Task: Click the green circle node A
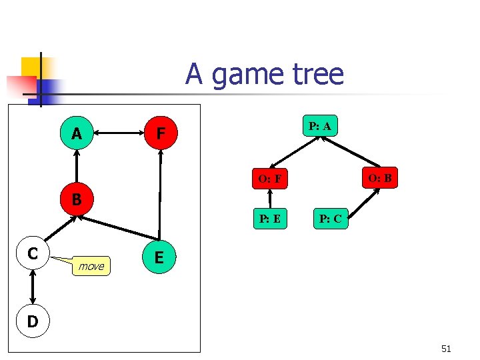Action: click(x=77, y=134)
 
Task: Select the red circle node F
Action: click(x=160, y=134)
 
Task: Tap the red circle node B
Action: click(x=77, y=199)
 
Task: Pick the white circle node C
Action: click(x=32, y=253)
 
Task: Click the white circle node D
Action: click(x=32, y=322)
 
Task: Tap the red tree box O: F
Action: click(x=269, y=179)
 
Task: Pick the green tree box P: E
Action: click(x=270, y=218)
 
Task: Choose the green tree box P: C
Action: click(x=331, y=218)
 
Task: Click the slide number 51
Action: click(x=446, y=348)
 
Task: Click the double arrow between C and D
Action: click(x=32, y=288)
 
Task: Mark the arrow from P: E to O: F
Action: click(x=269, y=199)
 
